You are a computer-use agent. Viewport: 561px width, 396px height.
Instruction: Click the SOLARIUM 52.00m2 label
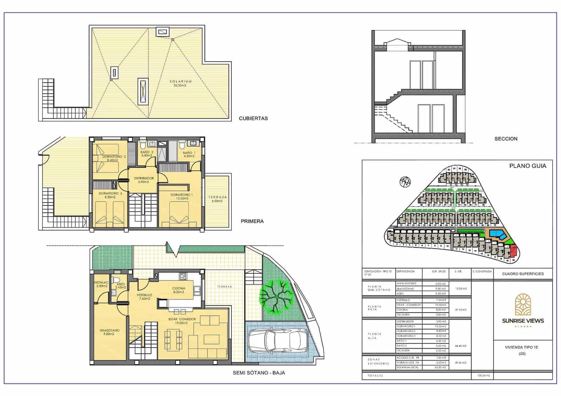coord(181,83)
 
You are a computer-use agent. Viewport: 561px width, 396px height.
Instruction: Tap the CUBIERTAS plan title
coord(253,118)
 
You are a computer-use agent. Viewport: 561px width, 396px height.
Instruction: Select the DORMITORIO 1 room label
coord(181,197)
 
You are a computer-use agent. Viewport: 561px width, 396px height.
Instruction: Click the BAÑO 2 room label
coord(147,154)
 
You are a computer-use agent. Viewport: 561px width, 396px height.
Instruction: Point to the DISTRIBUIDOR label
coord(144,180)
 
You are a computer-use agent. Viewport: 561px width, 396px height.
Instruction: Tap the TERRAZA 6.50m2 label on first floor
coord(217,199)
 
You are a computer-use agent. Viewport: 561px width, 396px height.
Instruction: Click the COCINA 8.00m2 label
coord(178,290)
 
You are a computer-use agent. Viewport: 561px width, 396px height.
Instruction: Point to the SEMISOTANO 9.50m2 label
coord(109,332)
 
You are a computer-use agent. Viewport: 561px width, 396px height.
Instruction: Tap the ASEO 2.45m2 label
coord(120,286)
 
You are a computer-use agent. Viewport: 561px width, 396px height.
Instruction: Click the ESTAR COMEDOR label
coord(182,321)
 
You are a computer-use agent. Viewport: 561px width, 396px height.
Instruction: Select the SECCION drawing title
coord(506,139)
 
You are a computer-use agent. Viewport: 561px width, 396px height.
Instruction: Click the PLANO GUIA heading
coord(527,166)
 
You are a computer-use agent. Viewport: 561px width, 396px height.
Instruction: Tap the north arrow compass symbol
coord(405,182)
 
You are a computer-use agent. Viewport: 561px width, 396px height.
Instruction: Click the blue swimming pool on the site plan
coord(498,234)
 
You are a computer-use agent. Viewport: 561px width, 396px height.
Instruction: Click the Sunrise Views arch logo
coord(522,304)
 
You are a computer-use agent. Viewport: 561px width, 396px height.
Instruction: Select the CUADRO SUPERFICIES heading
coord(522,274)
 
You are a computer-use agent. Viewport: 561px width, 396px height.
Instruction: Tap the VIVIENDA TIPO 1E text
coord(521,347)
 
